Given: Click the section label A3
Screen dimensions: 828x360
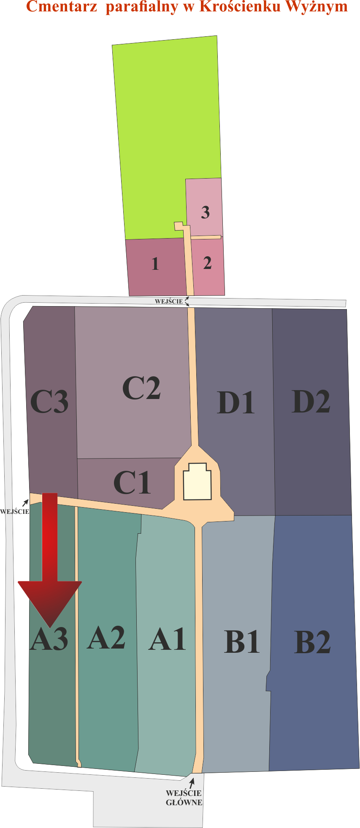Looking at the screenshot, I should (49, 639).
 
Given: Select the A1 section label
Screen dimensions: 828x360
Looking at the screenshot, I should (168, 639).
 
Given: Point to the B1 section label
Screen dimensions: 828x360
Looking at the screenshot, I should (242, 642).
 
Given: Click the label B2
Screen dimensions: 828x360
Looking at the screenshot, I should (312, 642).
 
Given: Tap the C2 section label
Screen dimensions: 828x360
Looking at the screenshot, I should (141, 388).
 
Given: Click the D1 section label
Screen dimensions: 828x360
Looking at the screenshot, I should (236, 402).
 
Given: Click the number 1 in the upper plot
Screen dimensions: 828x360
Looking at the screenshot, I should (155, 264).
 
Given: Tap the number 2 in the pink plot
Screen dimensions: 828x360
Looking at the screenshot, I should (207, 263).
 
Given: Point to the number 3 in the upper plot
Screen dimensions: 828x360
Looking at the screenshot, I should (206, 212).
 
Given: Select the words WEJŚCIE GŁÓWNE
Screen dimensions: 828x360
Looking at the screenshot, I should (184, 798).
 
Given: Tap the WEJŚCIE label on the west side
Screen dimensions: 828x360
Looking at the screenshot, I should (15, 512).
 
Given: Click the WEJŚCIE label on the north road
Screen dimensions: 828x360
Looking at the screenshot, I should (169, 301).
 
